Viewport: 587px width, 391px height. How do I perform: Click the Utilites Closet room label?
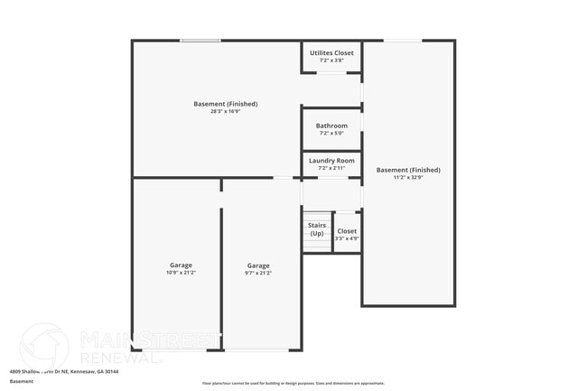point(331,53)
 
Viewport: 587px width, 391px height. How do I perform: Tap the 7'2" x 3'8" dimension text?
point(331,61)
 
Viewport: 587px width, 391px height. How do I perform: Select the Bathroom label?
point(331,126)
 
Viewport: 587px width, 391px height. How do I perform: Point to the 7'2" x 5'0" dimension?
point(331,134)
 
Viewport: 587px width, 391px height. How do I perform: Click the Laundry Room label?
point(331,161)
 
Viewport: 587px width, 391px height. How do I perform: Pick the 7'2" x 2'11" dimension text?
point(331,168)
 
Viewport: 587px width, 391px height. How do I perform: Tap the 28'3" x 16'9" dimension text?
point(217,111)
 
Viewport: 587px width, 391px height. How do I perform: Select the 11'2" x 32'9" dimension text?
point(408,177)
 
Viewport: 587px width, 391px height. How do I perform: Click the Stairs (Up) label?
point(317,229)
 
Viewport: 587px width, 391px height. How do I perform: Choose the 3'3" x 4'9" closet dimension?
point(348,238)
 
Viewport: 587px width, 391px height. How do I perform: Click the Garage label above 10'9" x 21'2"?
point(178,265)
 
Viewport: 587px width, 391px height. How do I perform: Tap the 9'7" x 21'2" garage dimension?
point(258,273)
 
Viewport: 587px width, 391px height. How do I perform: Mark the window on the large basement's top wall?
point(200,41)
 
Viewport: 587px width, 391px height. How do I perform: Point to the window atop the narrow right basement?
point(403,41)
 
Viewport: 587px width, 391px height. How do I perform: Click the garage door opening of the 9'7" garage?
point(262,349)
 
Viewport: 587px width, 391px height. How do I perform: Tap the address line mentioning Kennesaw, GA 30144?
point(64,371)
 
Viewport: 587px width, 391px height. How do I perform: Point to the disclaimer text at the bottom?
point(293,384)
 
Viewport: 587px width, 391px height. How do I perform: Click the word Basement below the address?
point(22,381)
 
